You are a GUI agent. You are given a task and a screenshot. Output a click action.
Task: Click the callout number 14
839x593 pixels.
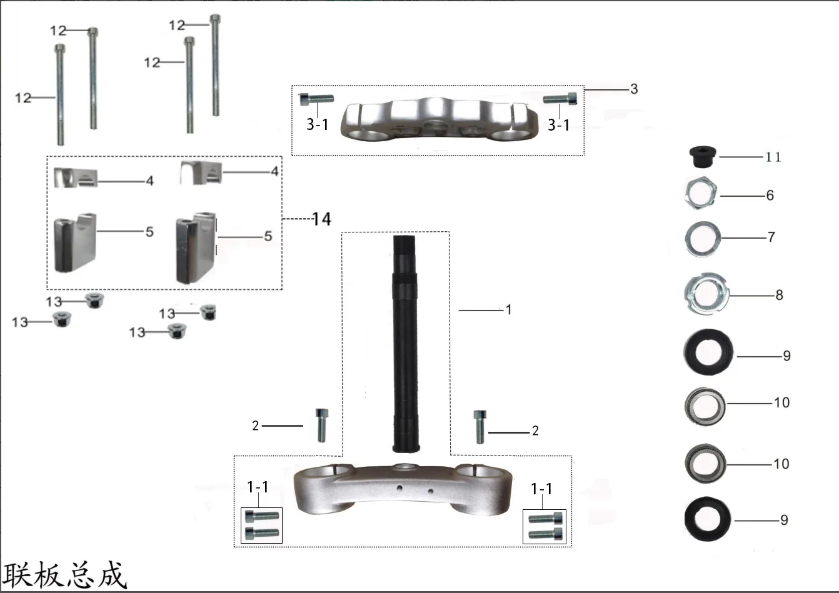click(x=322, y=219)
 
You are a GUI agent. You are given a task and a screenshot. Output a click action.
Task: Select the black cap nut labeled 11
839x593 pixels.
click(x=703, y=157)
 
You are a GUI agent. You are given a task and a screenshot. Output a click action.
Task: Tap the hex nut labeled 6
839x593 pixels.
click(x=700, y=193)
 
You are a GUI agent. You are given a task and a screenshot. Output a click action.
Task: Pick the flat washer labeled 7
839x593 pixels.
click(x=703, y=239)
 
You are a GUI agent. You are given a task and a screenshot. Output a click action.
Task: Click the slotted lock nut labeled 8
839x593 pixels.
click(x=706, y=294)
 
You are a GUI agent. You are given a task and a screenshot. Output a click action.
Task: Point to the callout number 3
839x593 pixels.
click(x=634, y=89)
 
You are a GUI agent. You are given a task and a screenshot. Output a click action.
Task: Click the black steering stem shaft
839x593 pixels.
click(x=404, y=344)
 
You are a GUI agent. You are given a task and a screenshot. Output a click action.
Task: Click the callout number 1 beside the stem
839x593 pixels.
click(x=508, y=309)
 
